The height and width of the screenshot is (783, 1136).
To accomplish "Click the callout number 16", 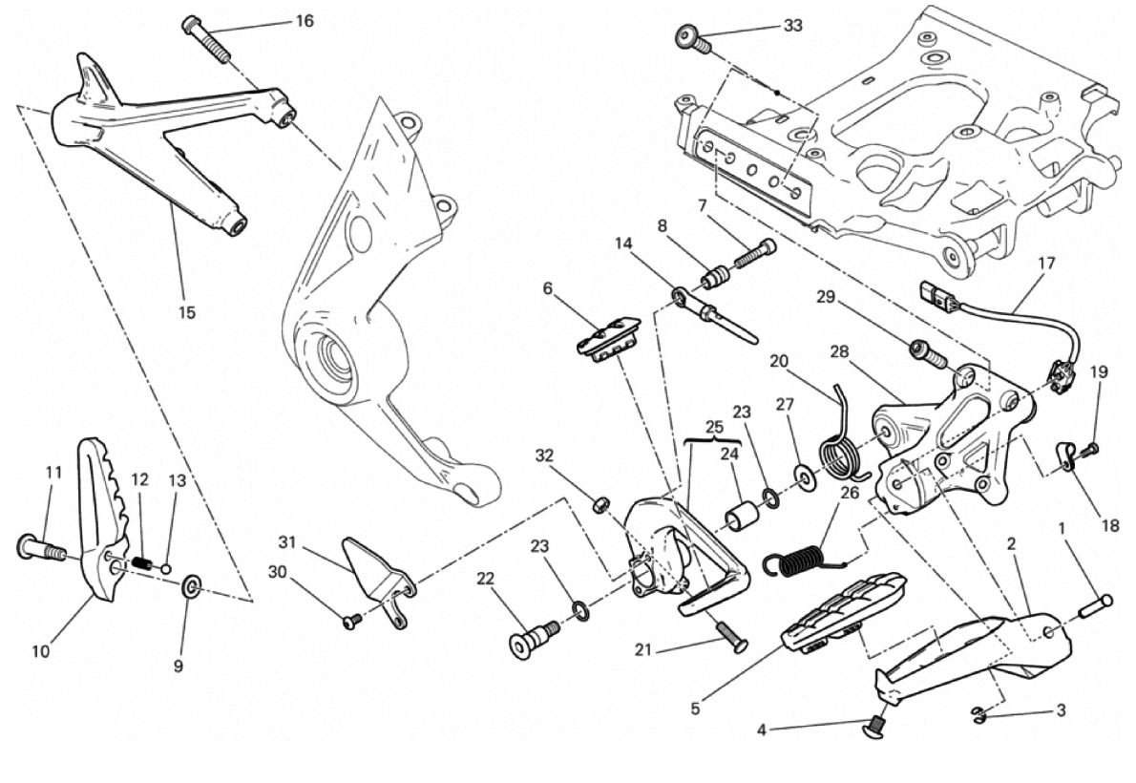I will pyautogui.click(x=304, y=21).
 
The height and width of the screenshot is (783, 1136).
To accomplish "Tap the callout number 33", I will pyautogui.click(x=792, y=26).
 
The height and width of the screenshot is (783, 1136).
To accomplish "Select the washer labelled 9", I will pyautogui.click(x=191, y=583).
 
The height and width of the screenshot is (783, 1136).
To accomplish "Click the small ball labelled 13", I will pyautogui.click(x=165, y=568).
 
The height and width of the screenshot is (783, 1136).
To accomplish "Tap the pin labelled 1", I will pyautogui.click(x=1093, y=603).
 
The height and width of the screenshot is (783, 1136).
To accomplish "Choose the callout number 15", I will pyautogui.click(x=187, y=312).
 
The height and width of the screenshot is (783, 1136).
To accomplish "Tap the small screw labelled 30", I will pyautogui.click(x=350, y=621).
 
